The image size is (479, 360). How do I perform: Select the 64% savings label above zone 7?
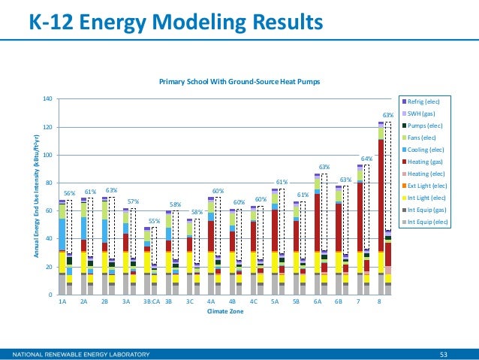pos(368,159)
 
